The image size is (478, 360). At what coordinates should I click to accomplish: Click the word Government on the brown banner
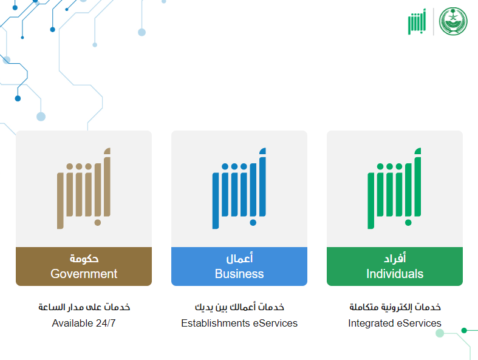84,274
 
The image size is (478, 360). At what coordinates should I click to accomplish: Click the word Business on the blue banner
239,274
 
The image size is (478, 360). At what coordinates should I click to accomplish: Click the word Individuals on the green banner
395,274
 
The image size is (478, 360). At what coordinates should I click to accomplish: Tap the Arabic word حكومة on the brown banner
84,259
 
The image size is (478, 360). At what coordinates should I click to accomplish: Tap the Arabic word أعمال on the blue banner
239,259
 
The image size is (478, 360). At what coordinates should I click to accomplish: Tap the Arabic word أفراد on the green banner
395,259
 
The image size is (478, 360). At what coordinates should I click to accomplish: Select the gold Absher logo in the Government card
84,188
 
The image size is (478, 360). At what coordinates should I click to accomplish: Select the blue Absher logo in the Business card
239,188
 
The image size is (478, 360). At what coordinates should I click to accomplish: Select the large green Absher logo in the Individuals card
394,188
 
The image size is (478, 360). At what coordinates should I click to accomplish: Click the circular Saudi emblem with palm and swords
453,21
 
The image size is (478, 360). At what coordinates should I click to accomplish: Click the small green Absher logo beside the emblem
417,22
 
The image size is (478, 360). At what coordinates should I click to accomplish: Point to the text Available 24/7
84,323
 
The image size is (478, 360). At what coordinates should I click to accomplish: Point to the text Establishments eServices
239,323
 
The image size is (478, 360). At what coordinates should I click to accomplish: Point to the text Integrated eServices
395,323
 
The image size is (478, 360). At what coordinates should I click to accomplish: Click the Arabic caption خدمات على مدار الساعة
84,307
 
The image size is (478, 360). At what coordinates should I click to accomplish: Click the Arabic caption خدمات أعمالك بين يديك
240,307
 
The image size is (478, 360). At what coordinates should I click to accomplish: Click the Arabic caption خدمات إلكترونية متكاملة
395,307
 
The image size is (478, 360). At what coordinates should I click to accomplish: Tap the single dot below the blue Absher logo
253,223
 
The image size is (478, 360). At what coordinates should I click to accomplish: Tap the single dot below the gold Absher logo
98,223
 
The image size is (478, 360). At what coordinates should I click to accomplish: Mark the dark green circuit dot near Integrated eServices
464,330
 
